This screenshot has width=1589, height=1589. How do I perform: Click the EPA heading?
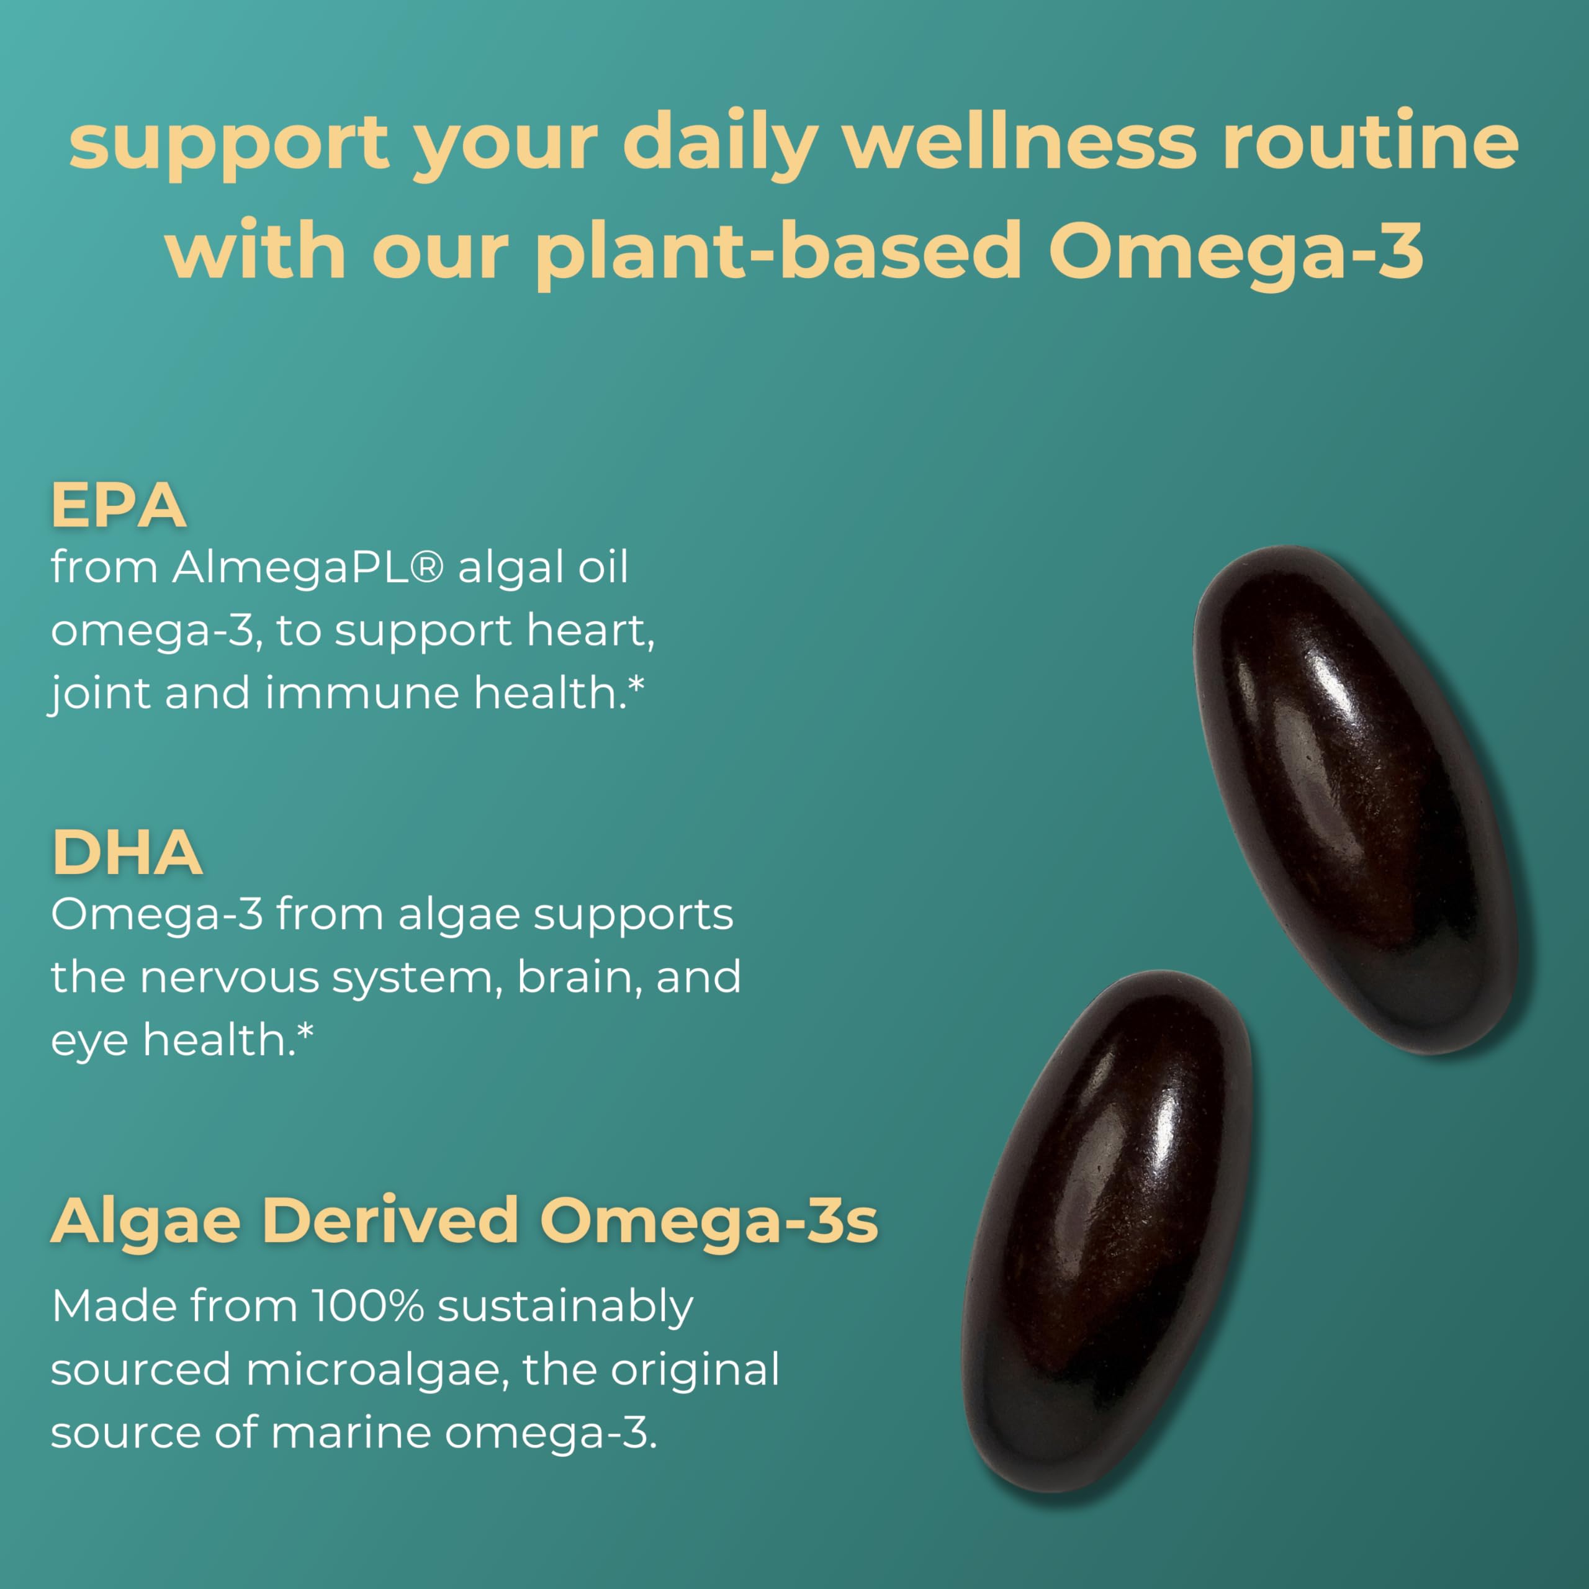pyautogui.click(x=119, y=505)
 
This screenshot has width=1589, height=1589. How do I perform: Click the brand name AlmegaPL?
pyautogui.click(x=290, y=567)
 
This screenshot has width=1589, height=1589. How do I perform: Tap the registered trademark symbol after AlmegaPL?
pyautogui.click(x=425, y=567)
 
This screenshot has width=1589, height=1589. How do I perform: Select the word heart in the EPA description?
pyautogui.click(x=590, y=630)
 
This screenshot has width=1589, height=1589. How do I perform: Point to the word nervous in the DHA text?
pyautogui.click(x=228, y=977)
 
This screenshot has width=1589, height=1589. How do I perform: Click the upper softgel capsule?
pyautogui.click(x=1354, y=797)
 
